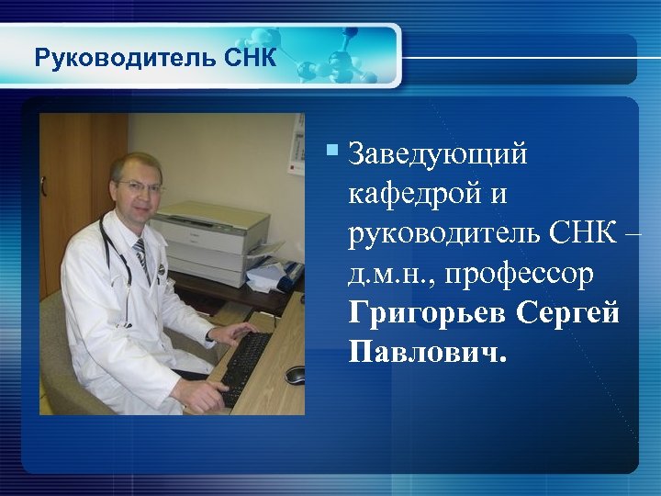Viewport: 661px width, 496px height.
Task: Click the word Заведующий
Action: pos(438,155)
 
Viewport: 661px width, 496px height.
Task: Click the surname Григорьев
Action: pos(428,312)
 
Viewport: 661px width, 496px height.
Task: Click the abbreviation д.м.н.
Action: pos(387,274)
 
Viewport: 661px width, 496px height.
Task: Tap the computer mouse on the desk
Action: pos(295,374)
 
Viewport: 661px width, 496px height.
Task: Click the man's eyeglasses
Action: pos(140,186)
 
